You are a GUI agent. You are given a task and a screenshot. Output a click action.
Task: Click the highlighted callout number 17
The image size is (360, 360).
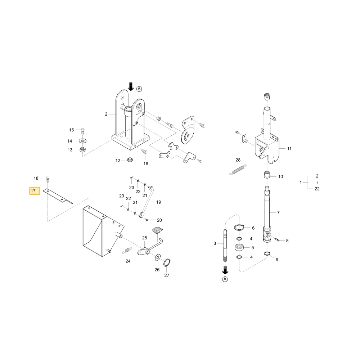pos(33,191)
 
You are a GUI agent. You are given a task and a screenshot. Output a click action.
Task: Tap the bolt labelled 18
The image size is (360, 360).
pos(48,179)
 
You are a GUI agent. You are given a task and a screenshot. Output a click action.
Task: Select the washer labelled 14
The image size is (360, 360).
pos(83,140)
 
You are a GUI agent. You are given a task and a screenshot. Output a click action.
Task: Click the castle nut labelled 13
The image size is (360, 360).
pos(83,150)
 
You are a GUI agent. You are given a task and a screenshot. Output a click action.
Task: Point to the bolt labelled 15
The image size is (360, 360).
pos(83,131)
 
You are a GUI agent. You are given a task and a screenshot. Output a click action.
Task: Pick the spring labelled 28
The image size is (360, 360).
pos(238,170)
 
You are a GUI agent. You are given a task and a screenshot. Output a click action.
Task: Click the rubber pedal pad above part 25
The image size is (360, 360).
pos(157,230)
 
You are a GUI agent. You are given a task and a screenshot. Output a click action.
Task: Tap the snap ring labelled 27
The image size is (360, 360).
pos(167,263)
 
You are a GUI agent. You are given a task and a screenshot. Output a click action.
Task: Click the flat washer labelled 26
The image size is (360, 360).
pos(158,257)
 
